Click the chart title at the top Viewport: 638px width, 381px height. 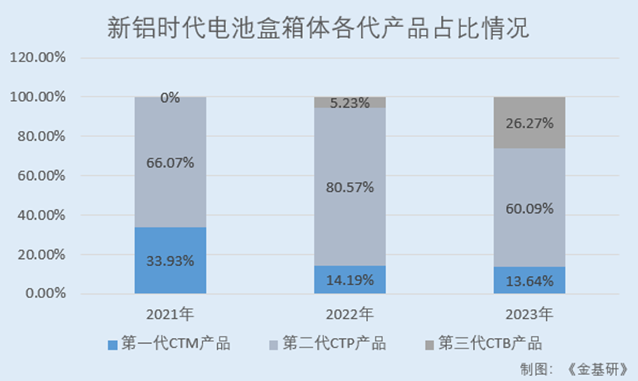[x=318, y=29]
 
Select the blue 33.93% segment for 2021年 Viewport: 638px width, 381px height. [x=170, y=260]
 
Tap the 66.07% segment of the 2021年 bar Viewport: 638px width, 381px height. [x=170, y=163]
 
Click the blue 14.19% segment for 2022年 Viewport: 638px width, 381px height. [x=350, y=280]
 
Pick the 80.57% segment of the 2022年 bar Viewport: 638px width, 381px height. [x=350, y=187]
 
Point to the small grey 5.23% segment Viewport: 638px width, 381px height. [x=350, y=102]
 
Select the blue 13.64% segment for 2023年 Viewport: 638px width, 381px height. [x=529, y=281]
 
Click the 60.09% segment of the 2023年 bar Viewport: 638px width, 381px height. [x=529, y=208]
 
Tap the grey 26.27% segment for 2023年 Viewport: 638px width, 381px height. [x=529, y=123]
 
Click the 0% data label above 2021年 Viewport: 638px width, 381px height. [x=170, y=98]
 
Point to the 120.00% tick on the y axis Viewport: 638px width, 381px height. [x=38, y=58]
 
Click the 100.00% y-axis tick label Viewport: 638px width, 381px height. [x=38, y=97]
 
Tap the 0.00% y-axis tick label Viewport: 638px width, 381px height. [x=44, y=294]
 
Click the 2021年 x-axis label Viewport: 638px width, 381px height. [x=169, y=314]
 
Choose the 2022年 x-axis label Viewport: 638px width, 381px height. [x=349, y=314]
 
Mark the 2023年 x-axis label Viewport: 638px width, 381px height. [x=529, y=314]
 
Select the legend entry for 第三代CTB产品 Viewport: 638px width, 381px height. [x=483, y=343]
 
